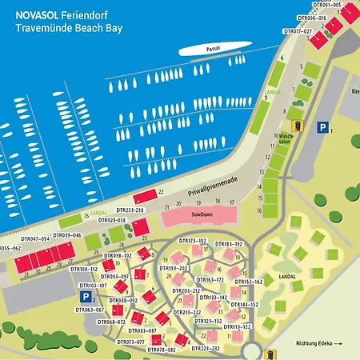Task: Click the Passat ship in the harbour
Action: pyautogui.click(x=210, y=50)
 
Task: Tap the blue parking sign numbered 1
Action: pyautogui.click(x=322, y=127)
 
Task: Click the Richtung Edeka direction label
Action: pyautogui.click(x=318, y=342)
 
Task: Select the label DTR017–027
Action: pyautogui.click(x=298, y=31)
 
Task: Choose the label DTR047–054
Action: pyautogui.click(x=35, y=238)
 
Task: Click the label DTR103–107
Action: pyautogui.click(x=93, y=285)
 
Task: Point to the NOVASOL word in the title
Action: pyautogui.click(x=38, y=11)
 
